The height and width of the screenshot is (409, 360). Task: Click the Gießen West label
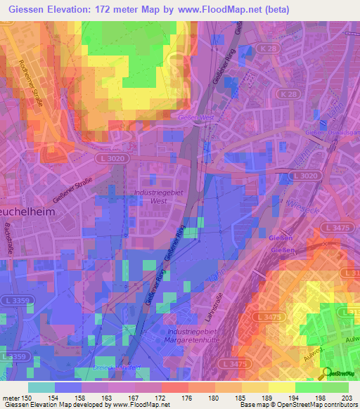196,117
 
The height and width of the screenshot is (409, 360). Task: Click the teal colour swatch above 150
41,387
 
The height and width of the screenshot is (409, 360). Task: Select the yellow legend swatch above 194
281,387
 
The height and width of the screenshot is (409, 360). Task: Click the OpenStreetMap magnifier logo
328,373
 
